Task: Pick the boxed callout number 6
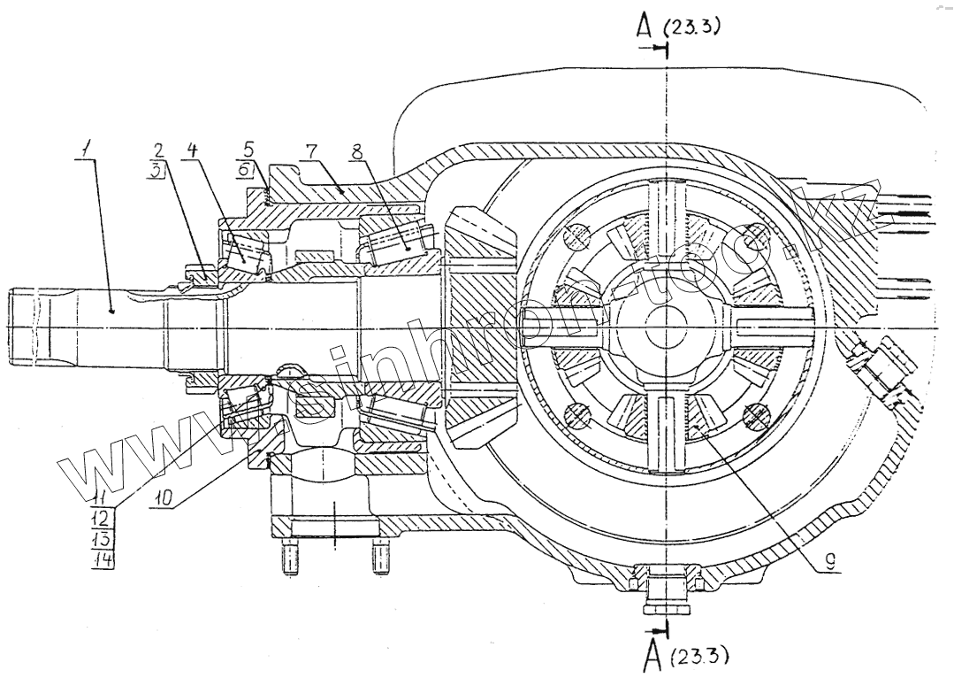click(250, 171)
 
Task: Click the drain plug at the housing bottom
click(666, 593)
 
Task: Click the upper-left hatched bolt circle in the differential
click(576, 237)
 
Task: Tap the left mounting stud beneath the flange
click(288, 560)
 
